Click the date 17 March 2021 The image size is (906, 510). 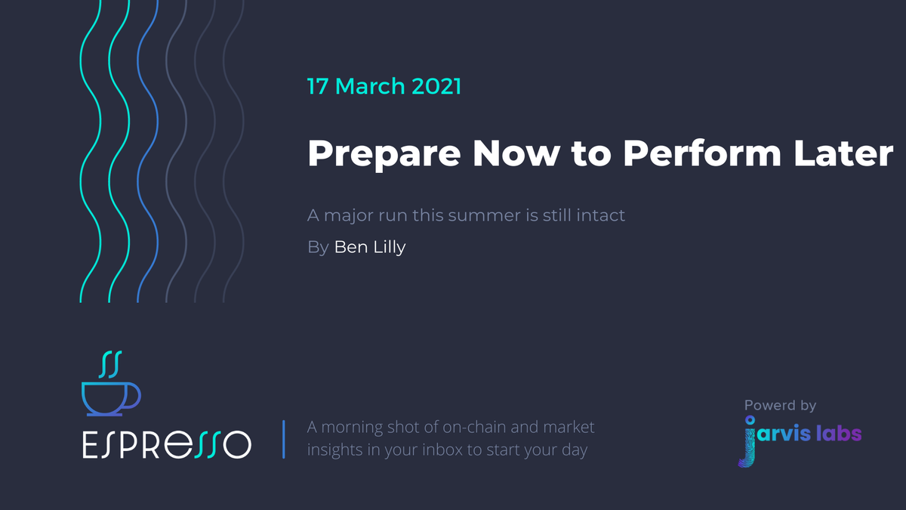[384, 86]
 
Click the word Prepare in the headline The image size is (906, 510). [383, 153]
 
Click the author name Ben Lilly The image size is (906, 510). [370, 247]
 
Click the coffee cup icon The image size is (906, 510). [109, 397]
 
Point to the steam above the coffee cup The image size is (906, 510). [111, 363]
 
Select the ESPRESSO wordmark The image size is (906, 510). [166, 444]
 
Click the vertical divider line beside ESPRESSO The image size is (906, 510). [283, 439]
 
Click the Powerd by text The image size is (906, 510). [780, 406]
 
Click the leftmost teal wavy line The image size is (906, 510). [91, 151]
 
